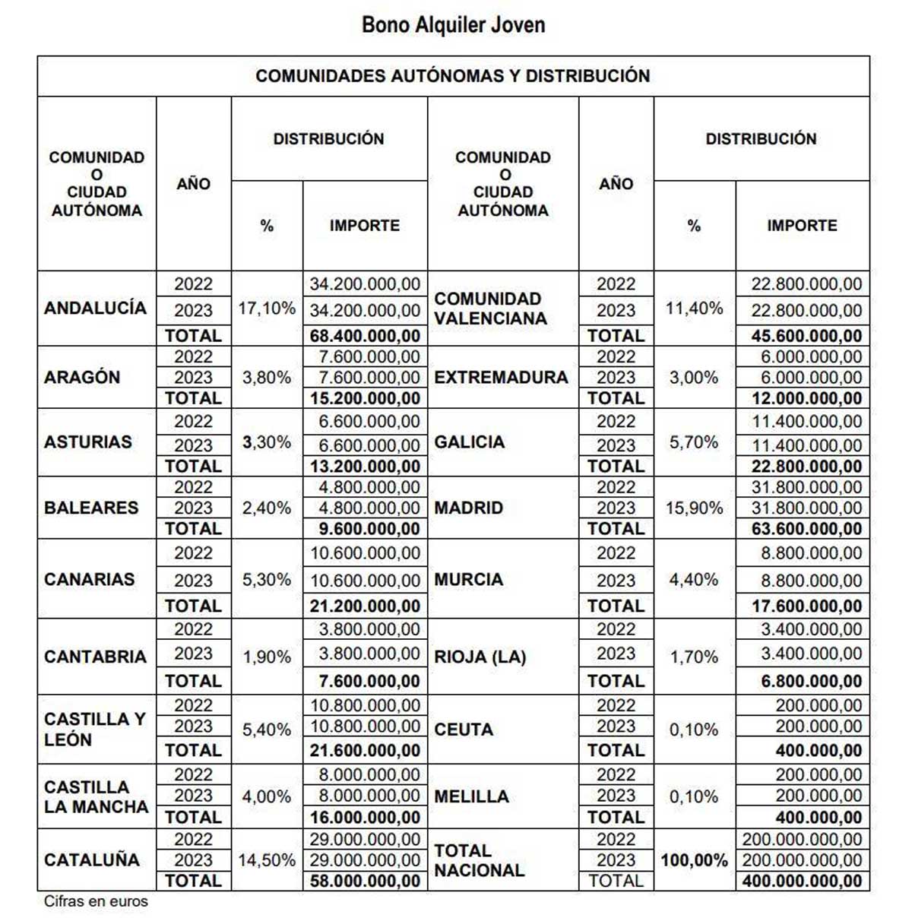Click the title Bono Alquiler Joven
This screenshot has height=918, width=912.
pyautogui.click(x=453, y=25)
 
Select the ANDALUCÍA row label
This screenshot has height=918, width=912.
pyautogui.click(x=95, y=308)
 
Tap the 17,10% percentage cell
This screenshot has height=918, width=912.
pyautogui.click(x=267, y=309)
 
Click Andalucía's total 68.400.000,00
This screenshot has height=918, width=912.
pyautogui.click(x=365, y=336)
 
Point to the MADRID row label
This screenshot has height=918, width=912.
pyautogui.click(x=468, y=508)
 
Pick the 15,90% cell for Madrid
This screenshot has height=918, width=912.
pyautogui.click(x=694, y=508)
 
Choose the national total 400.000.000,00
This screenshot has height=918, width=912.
pyautogui.click(x=803, y=882)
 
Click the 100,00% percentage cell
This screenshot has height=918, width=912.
pyautogui.click(x=694, y=860)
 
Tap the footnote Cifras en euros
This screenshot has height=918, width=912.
pyautogui.click(x=96, y=902)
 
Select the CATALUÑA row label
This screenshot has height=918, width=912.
pyautogui.click(x=92, y=860)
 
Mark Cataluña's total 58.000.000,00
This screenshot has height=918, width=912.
pyautogui.click(x=365, y=882)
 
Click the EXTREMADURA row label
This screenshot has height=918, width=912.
pyautogui.click(x=501, y=377)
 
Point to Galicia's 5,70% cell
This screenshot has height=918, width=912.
pyautogui.click(x=694, y=442)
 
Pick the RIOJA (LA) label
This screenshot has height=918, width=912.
pyautogui.click(x=480, y=657)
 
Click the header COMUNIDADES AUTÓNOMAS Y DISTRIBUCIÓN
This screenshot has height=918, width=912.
pyautogui.click(x=453, y=76)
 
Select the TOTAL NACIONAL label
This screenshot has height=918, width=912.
pyautogui.click(x=479, y=860)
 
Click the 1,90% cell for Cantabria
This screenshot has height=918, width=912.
pyautogui.click(x=267, y=657)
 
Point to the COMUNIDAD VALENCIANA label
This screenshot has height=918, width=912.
pyautogui.click(x=490, y=309)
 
